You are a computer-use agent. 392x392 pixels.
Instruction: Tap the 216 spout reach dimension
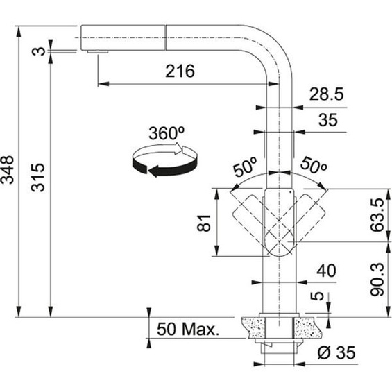[x=180, y=71]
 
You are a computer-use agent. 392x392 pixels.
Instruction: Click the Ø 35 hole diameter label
[x=335, y=352]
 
